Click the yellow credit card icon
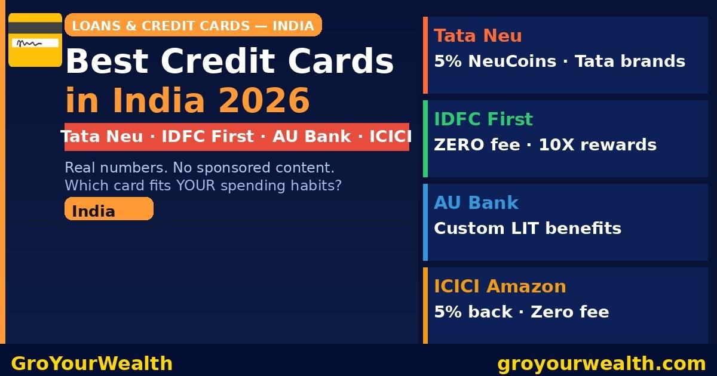[x=35, y=40]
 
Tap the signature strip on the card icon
[x=35, y=43]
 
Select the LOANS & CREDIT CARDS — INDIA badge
[x=193, y=26]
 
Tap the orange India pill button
[x=109, y=209]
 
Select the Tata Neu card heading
[x=478, y=36]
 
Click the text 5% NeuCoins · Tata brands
[x=559, y=61]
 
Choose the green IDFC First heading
[x=483, y=119]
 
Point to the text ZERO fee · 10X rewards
[x=545, y=145]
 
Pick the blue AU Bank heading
[x=476, y=203]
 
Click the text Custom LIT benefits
[x=528, y=229]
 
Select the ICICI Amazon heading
[x=500, y=286]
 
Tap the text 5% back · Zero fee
[x=522, y=312]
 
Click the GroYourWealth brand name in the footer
[x=92, y=363]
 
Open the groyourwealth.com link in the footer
[x=602, y=363]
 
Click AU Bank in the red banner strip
[x=312, y=137]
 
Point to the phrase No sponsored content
[x=253, y=168]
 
